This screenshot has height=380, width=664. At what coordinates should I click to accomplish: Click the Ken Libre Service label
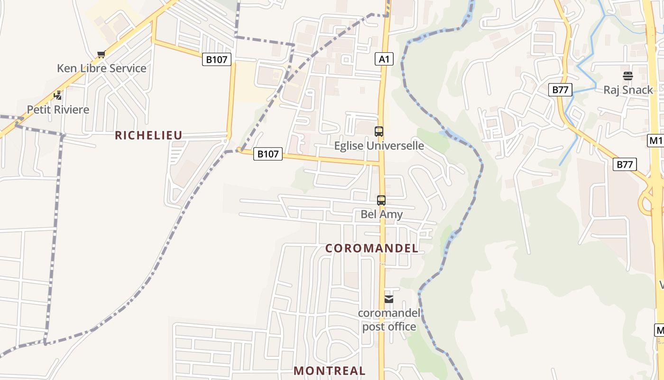point(101,68)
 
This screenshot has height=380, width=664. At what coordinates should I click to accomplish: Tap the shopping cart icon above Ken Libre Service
point(101,55)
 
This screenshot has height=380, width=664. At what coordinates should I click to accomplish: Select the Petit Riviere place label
point(58,110)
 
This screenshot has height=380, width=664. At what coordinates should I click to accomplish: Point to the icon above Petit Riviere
point(58,95)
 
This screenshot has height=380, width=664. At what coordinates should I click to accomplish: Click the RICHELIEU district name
point(148,135)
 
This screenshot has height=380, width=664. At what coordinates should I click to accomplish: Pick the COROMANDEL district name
point(372,248)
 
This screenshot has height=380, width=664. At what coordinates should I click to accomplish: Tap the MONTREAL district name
point(330,370)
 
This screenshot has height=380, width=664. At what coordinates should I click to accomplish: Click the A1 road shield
point(384,59)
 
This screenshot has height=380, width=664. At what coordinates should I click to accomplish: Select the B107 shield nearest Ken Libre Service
point(217,59)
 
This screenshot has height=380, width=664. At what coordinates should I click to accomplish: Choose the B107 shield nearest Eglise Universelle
point(267,154)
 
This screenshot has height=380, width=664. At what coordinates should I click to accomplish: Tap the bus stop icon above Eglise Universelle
point(378,132)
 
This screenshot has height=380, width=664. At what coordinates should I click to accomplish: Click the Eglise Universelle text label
point(379,145)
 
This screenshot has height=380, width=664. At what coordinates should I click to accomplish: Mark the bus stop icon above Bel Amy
point(381,200)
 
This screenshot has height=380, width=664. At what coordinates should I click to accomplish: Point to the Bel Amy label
point(381,214)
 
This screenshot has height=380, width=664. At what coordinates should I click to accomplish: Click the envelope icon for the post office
point(389,299)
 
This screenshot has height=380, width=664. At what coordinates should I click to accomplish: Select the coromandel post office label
point(389,320)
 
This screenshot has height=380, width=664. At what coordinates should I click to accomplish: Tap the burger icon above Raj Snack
point(628,76)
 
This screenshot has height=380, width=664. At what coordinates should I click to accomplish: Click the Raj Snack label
point(628,90)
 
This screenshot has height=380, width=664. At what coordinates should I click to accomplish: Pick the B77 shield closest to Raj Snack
point(560,89)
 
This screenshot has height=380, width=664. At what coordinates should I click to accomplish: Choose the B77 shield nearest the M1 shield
point(625,164)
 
